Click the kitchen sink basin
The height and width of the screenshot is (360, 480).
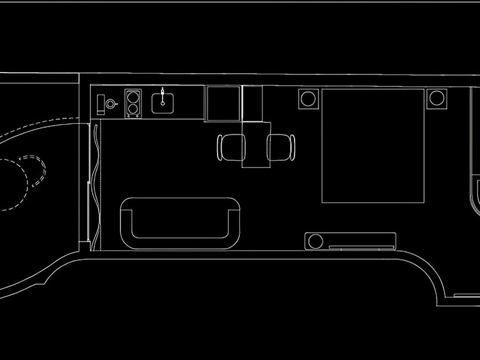pyautogui.click(x=163, y=102)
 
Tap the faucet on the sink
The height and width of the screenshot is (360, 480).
pyautogui.click(x=163, y=93)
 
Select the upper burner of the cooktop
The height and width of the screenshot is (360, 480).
pyautogui.click(x=133, y=95)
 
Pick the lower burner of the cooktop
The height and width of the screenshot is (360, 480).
pyautogui.click(x=133, y=107)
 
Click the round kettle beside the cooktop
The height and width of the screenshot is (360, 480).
pyautogui.click(x=111, y=104)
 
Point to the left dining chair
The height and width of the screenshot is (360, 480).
pyautogui.click(x=231, y=147)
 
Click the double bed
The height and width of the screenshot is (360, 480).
pyautogui.click(x=373, y=146)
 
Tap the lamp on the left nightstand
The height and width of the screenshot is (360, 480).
pyautogui.click(x=309, y=98)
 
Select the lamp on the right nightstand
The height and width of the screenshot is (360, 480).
pyautogui.click(x=437, y=98)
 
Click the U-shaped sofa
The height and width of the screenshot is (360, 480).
pyautogui.click(x=181, y=222)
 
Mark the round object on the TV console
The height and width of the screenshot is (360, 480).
pyautogui.click(x=314, y=241)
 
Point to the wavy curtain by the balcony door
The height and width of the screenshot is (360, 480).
pyautogui.click(x=95, y=183)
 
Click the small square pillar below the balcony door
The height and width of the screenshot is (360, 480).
pyautogui.click(x=85, y=246)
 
